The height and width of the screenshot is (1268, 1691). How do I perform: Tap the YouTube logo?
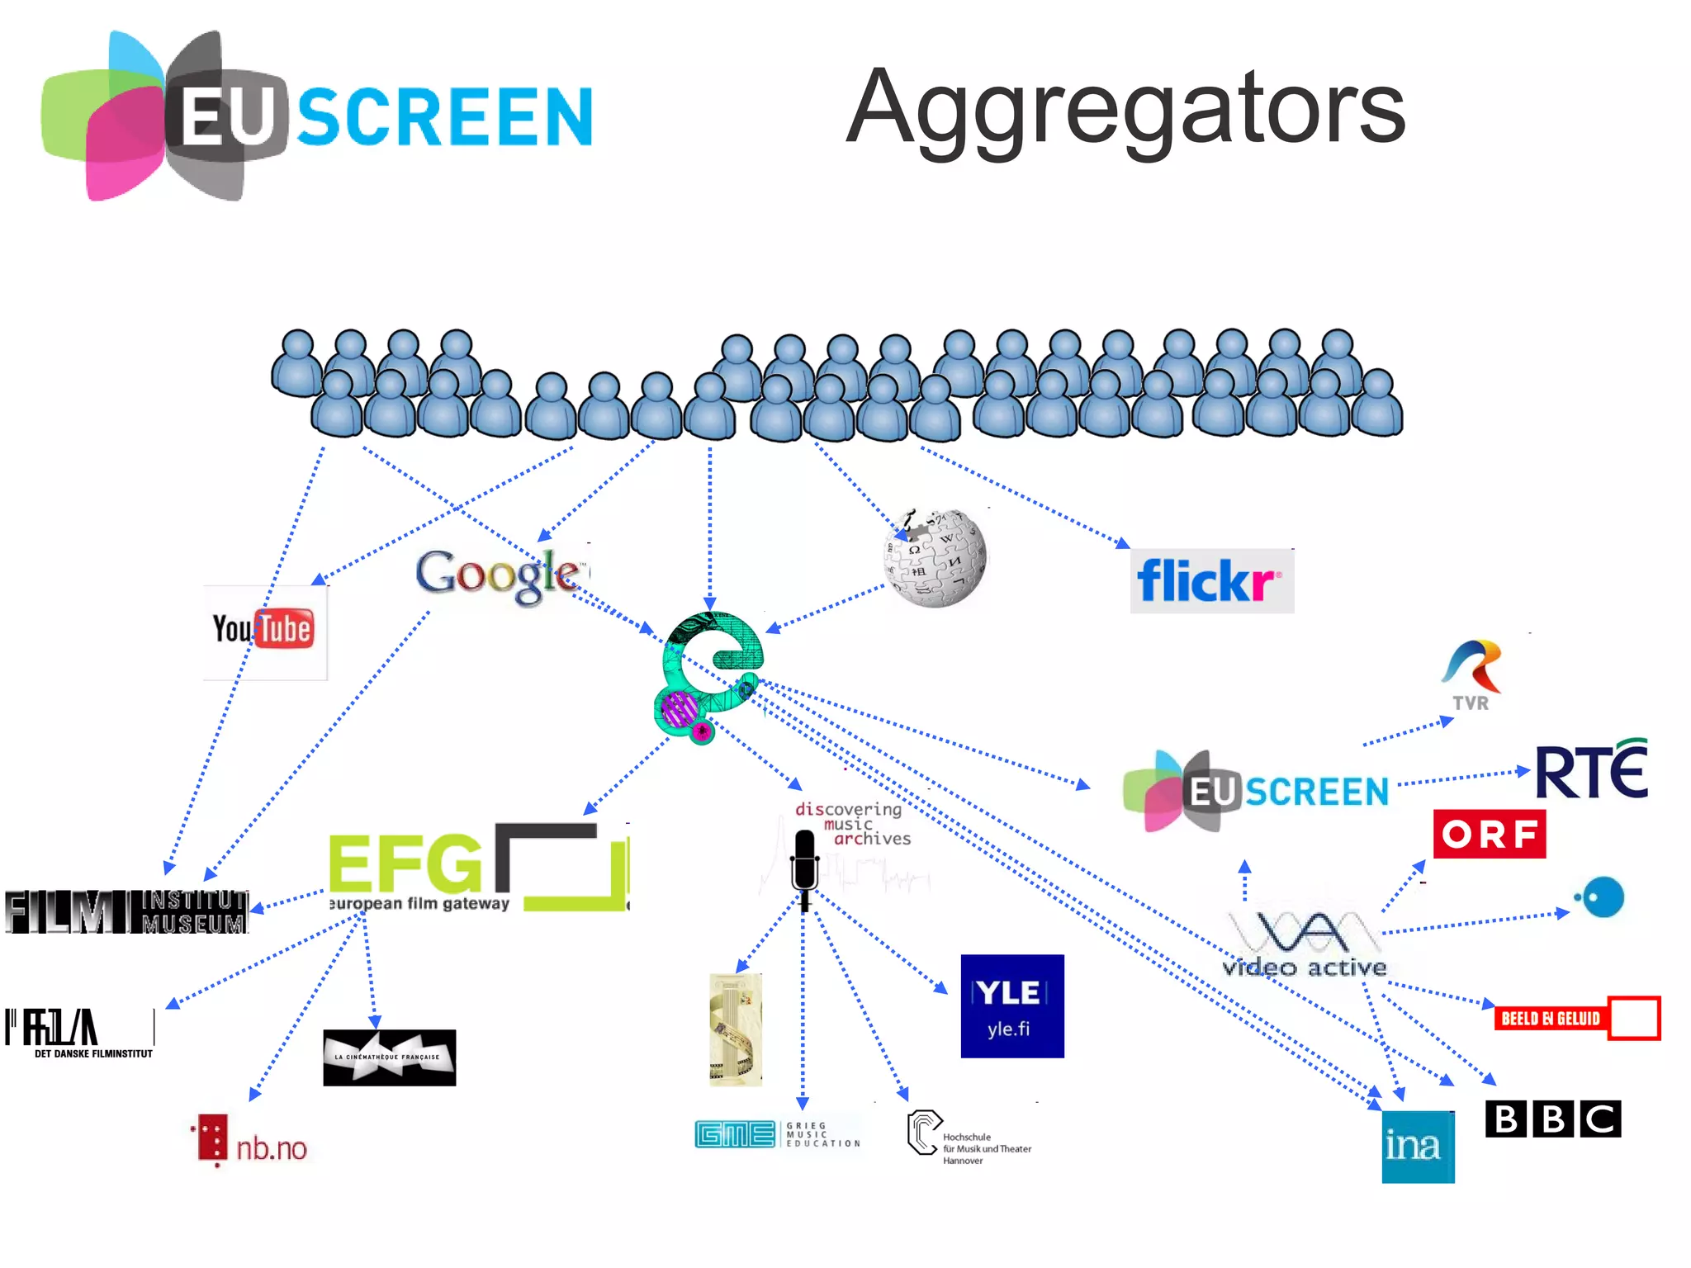pos(264,631)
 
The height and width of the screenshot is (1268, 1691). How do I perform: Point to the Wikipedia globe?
pos(935,558)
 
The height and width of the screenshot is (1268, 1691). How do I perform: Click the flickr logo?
pos(1210,581)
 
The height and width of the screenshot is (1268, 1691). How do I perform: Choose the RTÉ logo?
pos(1590,769)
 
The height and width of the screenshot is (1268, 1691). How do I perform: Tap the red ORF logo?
pos(1489,834)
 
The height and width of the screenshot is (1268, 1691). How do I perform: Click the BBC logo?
pos(1552,1119)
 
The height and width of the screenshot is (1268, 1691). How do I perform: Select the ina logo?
pos(1418,1146)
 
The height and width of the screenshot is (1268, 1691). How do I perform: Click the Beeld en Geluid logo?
pos(1576,1018)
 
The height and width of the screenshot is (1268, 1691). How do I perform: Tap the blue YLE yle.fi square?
pos(1011,1005)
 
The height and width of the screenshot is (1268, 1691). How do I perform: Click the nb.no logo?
pos(253,1143)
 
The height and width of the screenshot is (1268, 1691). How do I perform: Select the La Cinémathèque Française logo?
pos(389,1057)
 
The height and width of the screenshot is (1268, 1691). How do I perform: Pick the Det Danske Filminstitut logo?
pos(80,1032)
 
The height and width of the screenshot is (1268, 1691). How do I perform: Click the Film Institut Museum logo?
pos(126,911)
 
